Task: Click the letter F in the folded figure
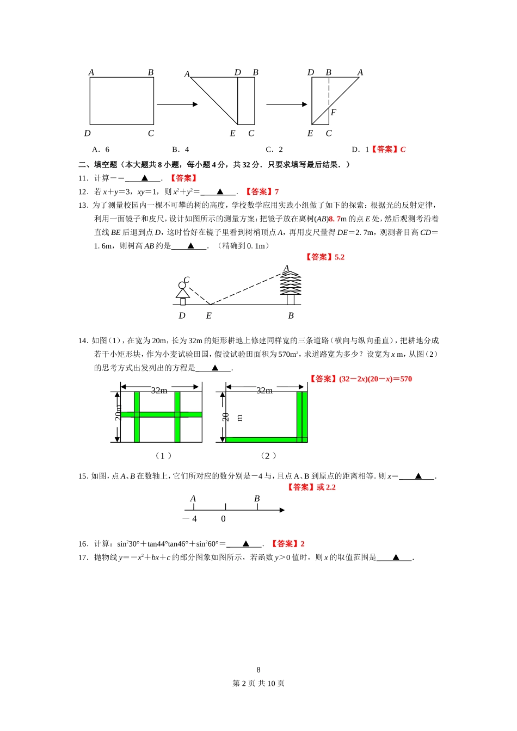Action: [x=334, y=113]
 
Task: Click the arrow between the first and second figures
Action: [x=177, y=104]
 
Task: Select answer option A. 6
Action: [x=101, y=150]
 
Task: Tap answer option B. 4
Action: [x=181, y=150]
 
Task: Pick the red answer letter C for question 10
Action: [x=403, y=150]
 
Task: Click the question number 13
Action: [x=83, y=206]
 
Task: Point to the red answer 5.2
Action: [x=340, y=257]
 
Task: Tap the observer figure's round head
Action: [x=182, y=285]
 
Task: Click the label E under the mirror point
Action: [x=208, y=316]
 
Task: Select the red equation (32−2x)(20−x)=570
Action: [x=376, y=379]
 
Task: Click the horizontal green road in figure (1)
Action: [x=161, y=414]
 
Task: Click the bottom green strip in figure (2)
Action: [x=261, y=439]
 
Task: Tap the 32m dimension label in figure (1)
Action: [x=159, y=391]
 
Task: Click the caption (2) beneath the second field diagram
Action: [x=268, y=456]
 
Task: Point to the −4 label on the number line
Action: [x=190, y=519]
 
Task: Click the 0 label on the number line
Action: [x=223, y=519]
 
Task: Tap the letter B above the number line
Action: [x=257, y=499]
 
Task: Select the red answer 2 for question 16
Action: [x=303, y=544]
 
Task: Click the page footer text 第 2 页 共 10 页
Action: [x=258, y=684]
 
